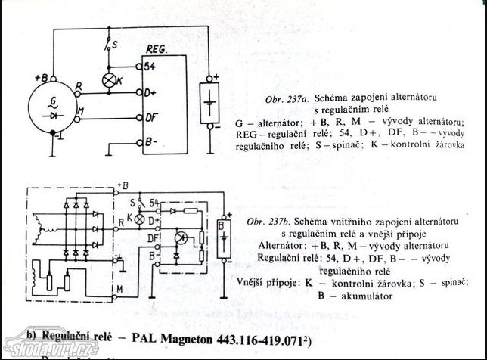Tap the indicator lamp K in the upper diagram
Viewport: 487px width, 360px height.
click(x=109, y=79)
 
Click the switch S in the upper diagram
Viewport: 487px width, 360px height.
click(x=110, y=45)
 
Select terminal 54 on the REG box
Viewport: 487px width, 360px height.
click(x=150, y=66)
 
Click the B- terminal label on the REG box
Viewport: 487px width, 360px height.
click(x=151, y=141)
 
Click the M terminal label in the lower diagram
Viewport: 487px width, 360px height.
click(x=119, y=288)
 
